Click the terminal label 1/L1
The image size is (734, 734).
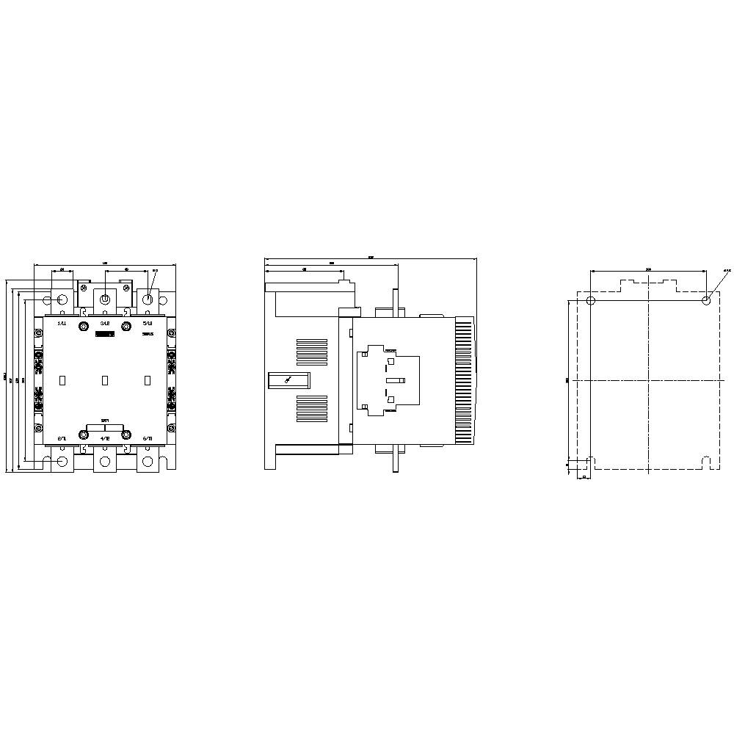[x=62, y=323]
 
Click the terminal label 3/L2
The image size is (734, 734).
[x=105, y=323]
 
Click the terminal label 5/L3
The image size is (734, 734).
[x=148, y=323]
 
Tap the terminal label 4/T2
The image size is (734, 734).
[x=105, y=439]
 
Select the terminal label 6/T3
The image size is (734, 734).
[x=148, y=439]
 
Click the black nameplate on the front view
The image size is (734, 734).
[x=105, y=335]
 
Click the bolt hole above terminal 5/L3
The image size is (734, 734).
[x=148, y=299]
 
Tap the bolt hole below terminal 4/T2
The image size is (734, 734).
[x=105, y=462]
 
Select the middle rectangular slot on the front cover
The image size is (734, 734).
[x=105, y=380]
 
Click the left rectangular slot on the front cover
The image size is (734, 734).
[x=62, y=380]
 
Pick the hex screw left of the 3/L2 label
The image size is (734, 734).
[x=84, y=324]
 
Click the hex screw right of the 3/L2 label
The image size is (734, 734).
[x=126, y=324]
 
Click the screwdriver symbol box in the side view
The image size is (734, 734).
[x=288, y=380]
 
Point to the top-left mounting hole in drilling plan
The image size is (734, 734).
[x=592, y=300]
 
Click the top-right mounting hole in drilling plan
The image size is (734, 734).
[x=706, y=300]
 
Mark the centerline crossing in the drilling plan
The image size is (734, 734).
[x=649, y=380]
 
